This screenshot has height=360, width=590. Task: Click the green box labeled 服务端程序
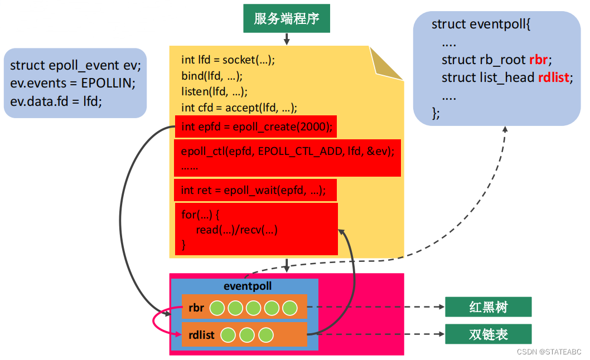(x=287, y=18)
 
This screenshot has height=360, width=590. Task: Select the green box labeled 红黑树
(x=488, y=307)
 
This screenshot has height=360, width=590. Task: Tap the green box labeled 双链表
(x=488, y=334)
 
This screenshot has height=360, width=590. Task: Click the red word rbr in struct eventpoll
(x=539, y=60)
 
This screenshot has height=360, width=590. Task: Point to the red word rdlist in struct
(x=554, y=77)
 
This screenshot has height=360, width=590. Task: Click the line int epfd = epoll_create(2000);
(x=257, y=127)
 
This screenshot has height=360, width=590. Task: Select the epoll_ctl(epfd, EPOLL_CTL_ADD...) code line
(x=288, y=151)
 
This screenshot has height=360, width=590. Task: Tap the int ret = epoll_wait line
(x=253, y=191)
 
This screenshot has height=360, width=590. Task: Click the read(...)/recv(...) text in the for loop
(x=236, y=229)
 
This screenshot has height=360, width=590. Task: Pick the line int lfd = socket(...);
(x=228, y=60)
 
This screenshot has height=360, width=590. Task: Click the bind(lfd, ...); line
(x=212, y=76)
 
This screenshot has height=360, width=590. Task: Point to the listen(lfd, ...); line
(x=214, y=91)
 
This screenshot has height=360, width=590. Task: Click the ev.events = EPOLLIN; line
(x=72, y=83)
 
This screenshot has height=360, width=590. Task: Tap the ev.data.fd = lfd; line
(x=56, y=101)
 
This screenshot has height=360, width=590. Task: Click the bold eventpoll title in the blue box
(x=247, y=286)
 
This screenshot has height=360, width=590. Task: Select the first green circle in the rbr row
(x=217, y=308)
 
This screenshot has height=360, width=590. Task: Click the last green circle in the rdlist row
(x=266, y=335)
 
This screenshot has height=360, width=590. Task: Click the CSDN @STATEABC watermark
(x=549, y=352)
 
